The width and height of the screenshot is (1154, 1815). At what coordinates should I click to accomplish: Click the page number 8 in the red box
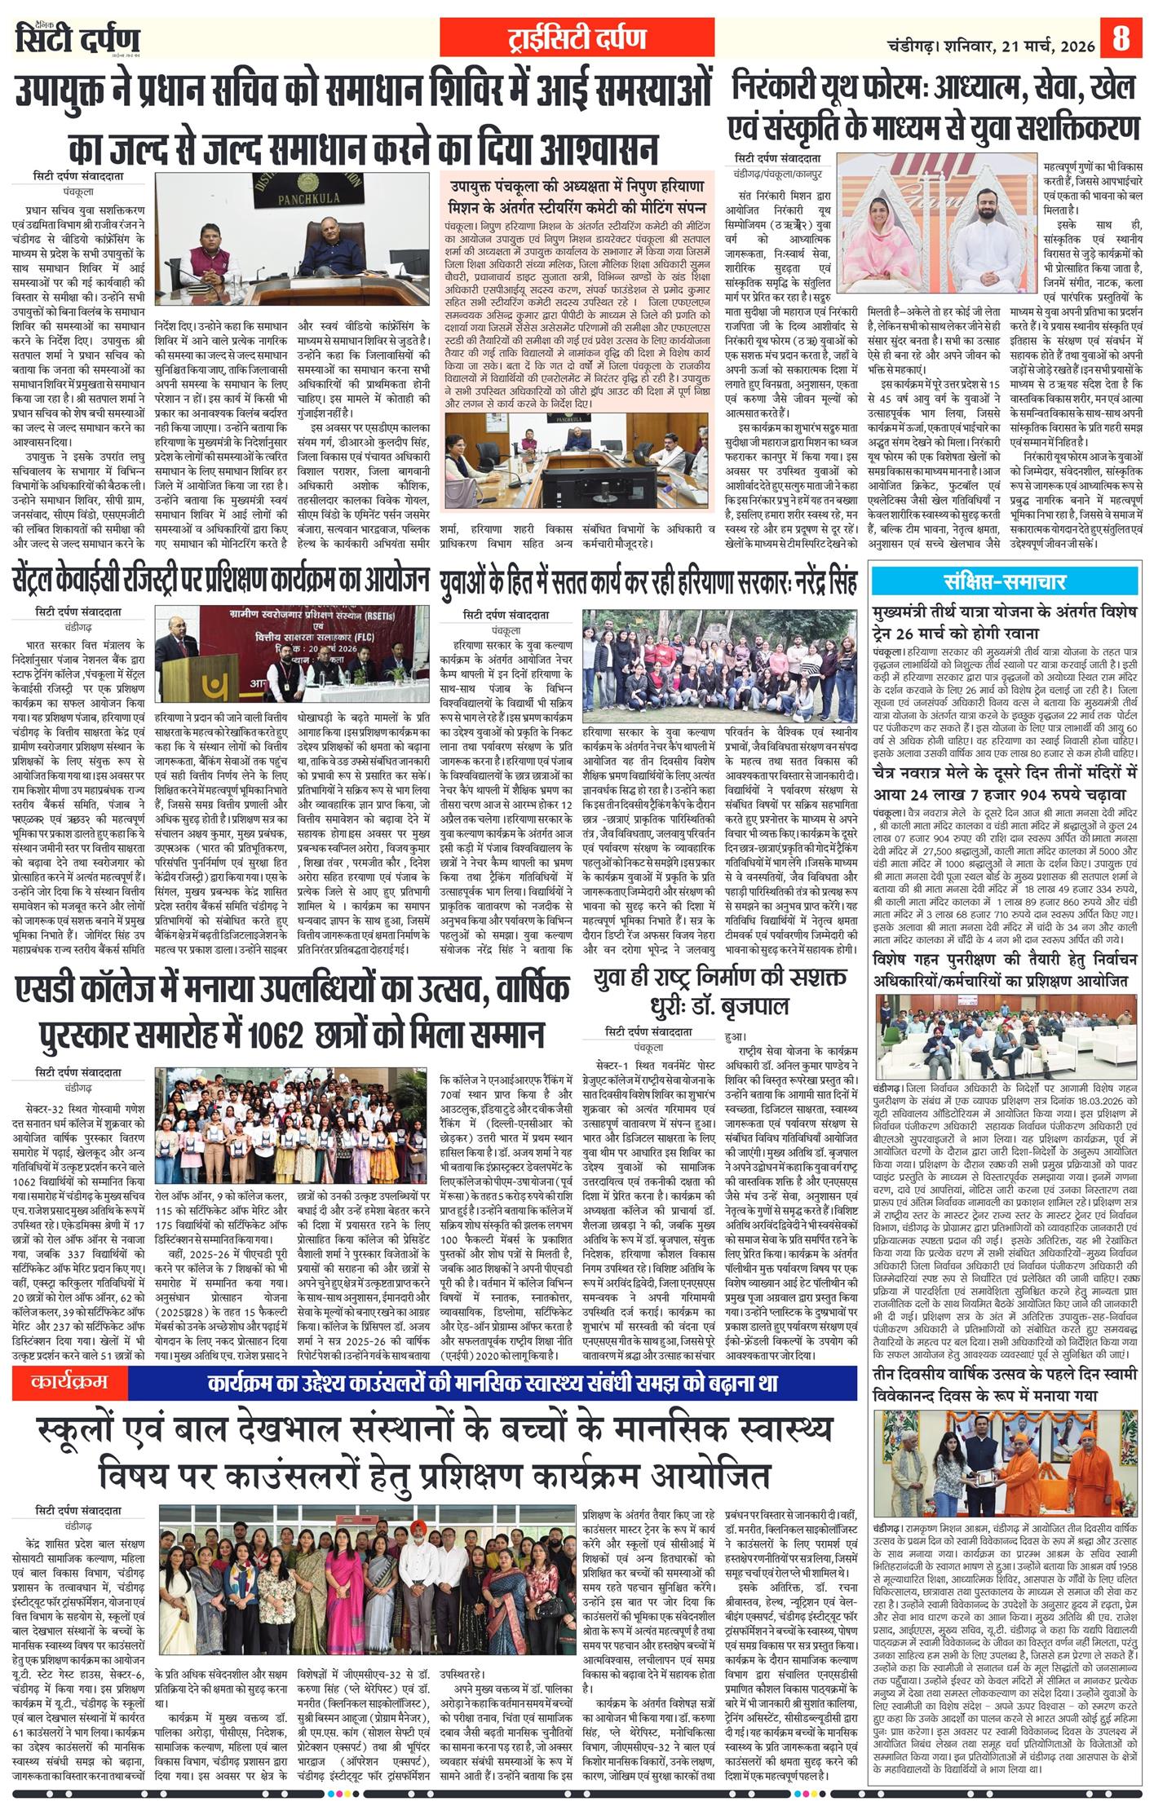[x=1121, y=38]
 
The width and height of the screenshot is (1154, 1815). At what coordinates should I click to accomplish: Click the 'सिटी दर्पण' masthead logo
[x=77, y=39]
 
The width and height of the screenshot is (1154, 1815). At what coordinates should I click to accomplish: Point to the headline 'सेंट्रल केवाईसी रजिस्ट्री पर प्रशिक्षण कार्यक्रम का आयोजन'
[x=220, y=581]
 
